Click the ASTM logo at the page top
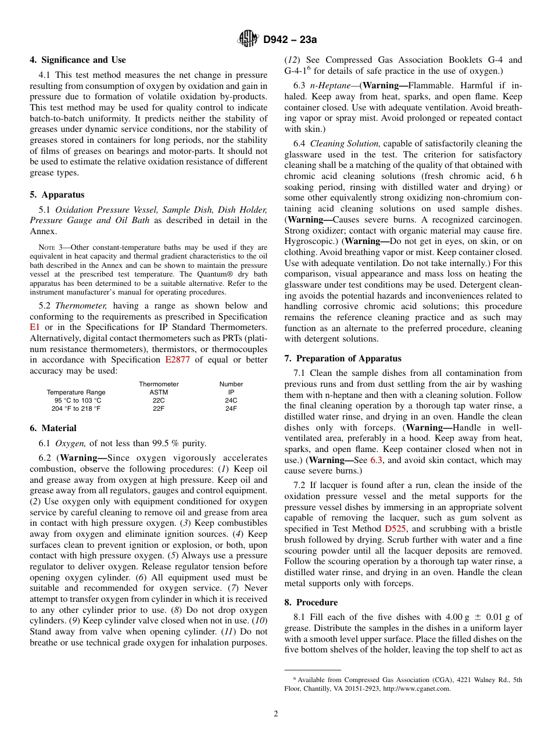tap(248, 40)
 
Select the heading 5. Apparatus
tap(57, 195)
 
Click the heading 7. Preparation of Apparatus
tap(343, 358)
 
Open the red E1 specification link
tap(34, 328)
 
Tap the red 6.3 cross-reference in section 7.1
tap(377, 460)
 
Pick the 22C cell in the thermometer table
tap(159, 400)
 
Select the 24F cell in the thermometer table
tap(231, 408)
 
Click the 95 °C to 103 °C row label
tap(78, 400)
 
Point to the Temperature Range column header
tap(76, 392)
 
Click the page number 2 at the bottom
tap(276, 714)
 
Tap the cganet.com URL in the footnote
tap(420, 688)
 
